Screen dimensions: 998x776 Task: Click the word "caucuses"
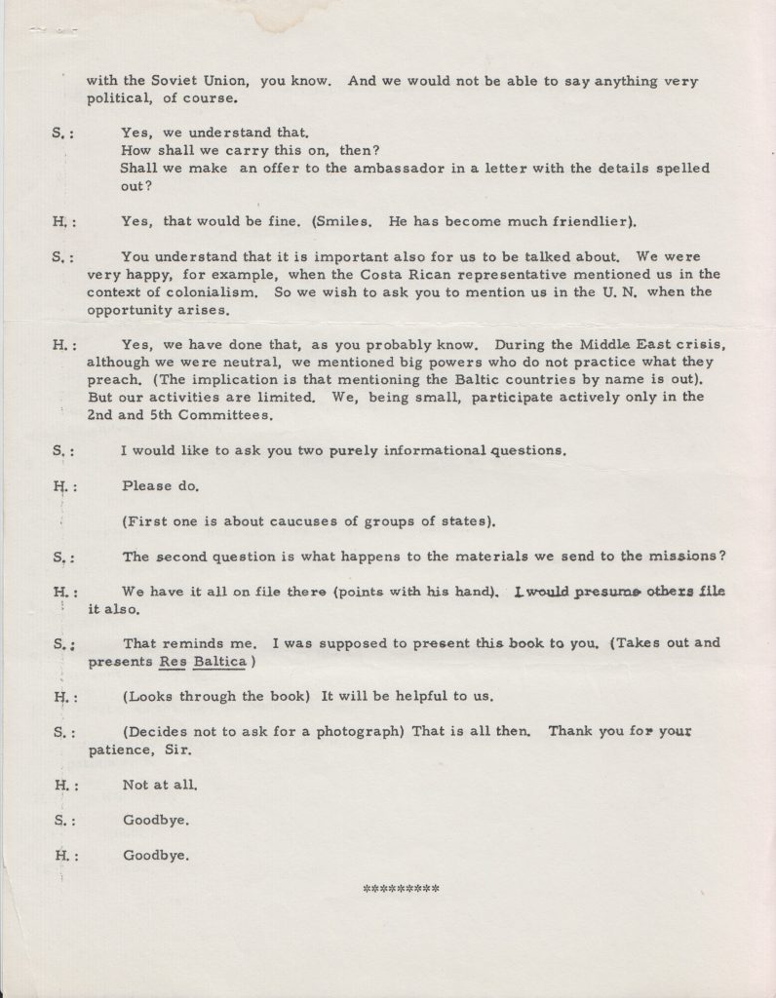tap(294, 521)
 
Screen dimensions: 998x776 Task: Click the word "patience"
tap(122, 749)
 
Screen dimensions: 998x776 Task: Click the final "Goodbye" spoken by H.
tap(155, 856)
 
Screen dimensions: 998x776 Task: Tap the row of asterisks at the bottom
tap(401, 890)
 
